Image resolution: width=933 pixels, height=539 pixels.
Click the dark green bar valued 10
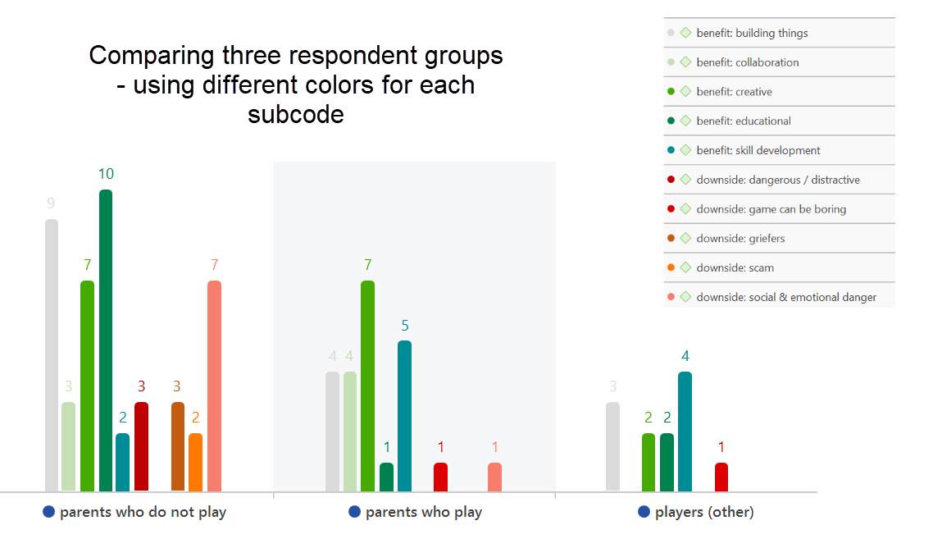pos(106,340)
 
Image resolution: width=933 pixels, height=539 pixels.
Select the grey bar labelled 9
pos(52,355)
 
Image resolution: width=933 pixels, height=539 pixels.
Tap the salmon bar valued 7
pos(214,386)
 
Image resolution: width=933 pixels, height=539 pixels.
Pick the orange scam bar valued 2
pos(195,462)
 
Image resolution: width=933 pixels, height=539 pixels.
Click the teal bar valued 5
pos(404,416)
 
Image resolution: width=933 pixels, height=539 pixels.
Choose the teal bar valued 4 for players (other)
pos(685,432)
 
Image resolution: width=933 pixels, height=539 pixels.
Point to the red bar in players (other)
pos(721,477)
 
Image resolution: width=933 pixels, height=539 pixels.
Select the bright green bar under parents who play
pos(367,386)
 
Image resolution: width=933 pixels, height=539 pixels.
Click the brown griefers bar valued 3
pos(178,446)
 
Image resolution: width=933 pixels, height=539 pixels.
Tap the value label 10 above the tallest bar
pos(106,174)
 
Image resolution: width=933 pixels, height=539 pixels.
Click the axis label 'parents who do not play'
pos(143,512)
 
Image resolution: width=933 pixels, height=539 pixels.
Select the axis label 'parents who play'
pos(423,512)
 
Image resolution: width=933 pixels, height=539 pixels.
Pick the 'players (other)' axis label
pos(704,512)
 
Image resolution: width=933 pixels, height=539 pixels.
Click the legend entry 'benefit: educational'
pos(744,121)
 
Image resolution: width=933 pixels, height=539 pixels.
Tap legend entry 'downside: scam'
pos(735,268)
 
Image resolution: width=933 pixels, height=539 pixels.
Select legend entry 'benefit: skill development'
pos(758,151)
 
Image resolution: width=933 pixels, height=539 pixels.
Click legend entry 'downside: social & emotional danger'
pos(786,297)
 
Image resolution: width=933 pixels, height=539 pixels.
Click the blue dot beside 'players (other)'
pos(644,512)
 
